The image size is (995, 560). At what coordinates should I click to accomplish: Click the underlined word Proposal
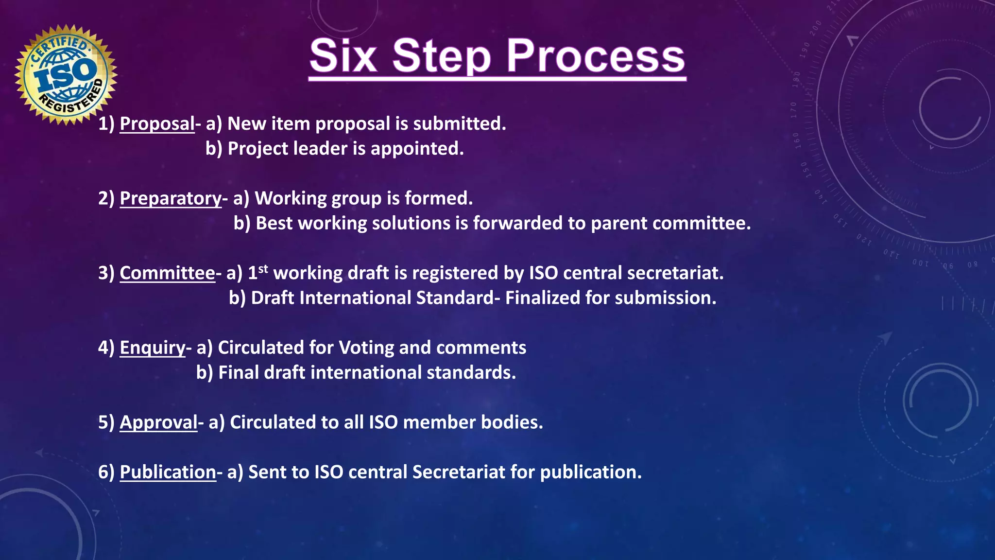(x=157, y=123)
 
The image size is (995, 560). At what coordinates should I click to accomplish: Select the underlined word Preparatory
(x=171, y=198)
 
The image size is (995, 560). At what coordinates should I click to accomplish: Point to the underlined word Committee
(x=167, y=273)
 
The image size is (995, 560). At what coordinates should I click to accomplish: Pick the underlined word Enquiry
(x=153, y=348)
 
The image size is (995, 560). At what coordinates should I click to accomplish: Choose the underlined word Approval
(x=158, y=422)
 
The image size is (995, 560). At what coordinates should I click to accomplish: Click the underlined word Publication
(x=168, y=472)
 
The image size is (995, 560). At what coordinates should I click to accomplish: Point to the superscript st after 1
(x=263, y=268)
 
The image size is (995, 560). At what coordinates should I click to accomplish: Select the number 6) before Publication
(x=106, y=472)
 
